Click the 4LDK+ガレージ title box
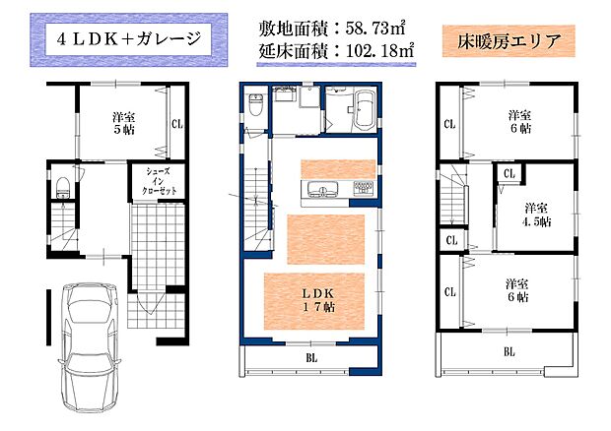coord(128,40)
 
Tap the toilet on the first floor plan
coord(61,184)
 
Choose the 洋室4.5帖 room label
coord(536,215)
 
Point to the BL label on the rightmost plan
coord(509,350)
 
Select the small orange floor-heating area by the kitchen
coord(338,166)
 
